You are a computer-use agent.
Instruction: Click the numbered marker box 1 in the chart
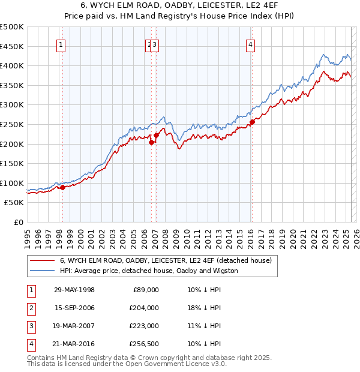tap(62, 44)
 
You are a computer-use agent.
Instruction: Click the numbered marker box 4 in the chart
tap(250, 44)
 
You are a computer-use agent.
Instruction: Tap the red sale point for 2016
tap(252, 122)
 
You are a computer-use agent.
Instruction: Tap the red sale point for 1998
tap(62, 187)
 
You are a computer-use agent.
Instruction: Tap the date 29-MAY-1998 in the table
tap(74, 290)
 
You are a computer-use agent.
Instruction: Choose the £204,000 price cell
tap(145, 308)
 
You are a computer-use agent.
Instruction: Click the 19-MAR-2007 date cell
tap(74, 326)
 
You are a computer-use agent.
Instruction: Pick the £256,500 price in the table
tap(145, 344)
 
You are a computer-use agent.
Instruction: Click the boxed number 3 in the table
tap(29, 326)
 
